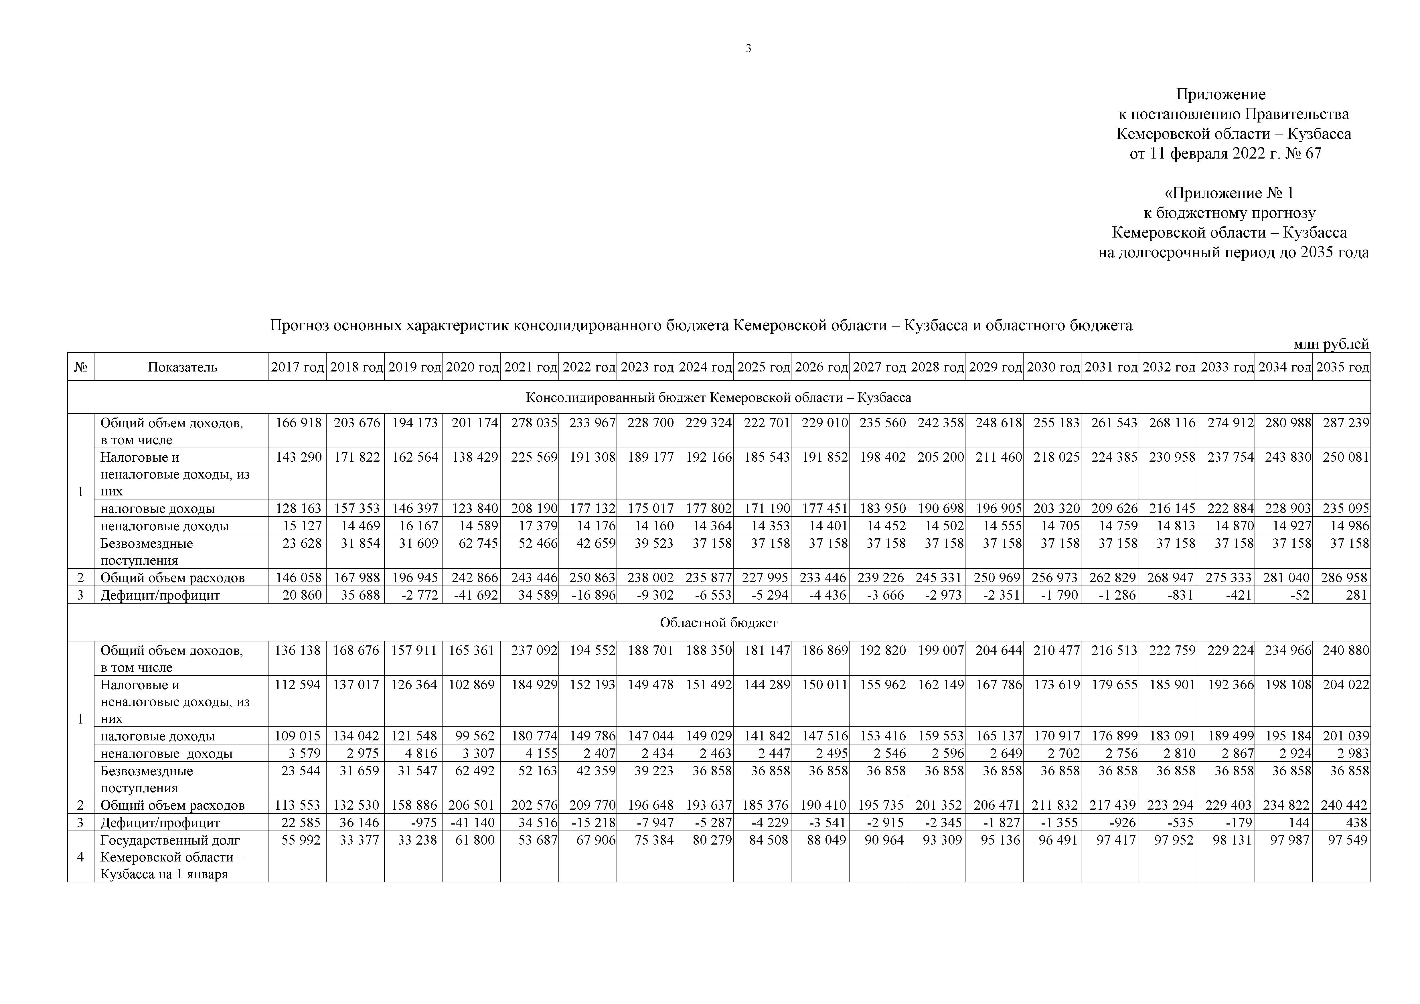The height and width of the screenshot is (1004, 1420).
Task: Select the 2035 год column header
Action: (x=1342, y=367)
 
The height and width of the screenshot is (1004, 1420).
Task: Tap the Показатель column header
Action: (x=182, y=367)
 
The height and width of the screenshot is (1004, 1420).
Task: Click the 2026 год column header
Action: (x=821, y=367)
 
